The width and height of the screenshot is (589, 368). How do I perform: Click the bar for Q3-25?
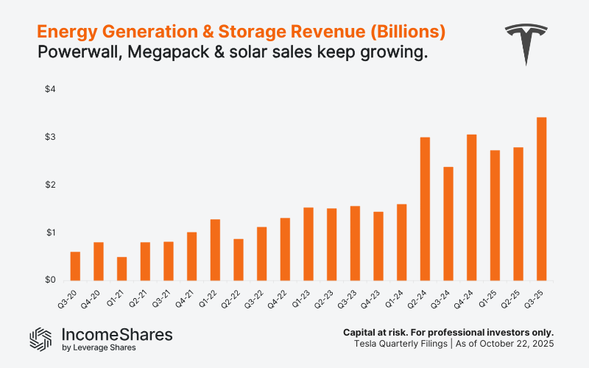pyautogui.click(x=542, y=199)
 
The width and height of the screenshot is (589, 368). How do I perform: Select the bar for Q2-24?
pyautogui.click(x=425, y=209)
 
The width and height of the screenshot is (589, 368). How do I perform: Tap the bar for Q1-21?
pyautogui.click(x=121, y=269)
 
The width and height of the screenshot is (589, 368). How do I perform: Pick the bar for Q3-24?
pyautogui.click(x=448, y=224)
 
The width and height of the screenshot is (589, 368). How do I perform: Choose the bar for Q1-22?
pyautogui.click(x=215, y=250)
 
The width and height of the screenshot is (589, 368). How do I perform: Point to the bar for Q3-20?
pyautogui.click(x=75, y=266)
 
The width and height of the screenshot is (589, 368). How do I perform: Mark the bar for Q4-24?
pyautogui.click(x=472, y=208)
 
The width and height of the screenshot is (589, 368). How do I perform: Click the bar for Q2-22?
pyautogui.click(x=239, y=260)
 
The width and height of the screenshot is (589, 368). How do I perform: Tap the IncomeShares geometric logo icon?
pyautogui.click(x=40, y=338)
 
